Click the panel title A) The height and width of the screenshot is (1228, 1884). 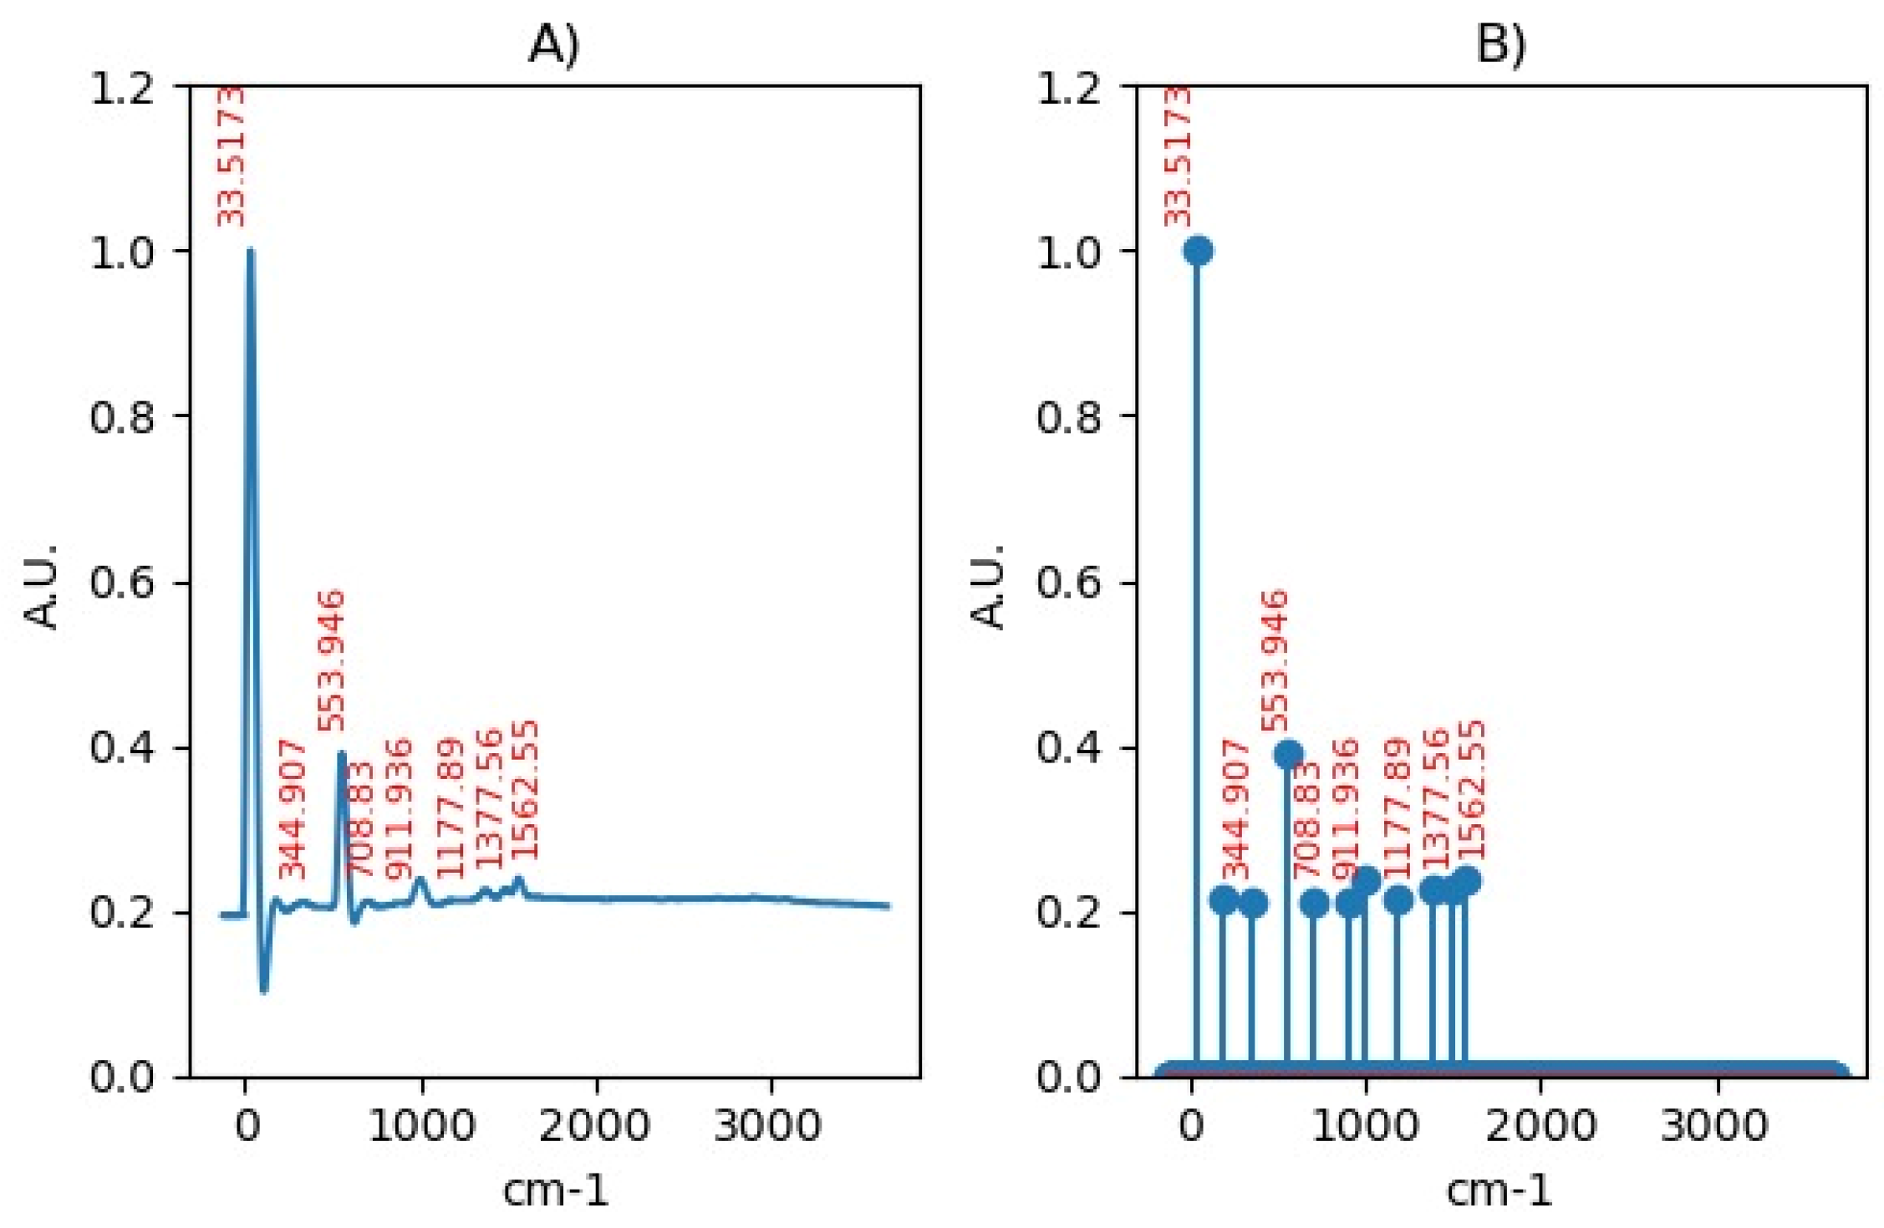click(553, 43)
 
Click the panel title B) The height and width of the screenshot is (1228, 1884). click(1500, 43)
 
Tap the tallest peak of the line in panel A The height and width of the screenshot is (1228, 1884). click(250, 250)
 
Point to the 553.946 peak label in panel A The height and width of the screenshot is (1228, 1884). click(331, 660)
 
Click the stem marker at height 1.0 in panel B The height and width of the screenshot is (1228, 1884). click(1198, 250)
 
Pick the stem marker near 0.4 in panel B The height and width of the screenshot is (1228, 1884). click(1288, 754)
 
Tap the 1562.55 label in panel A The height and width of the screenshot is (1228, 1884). click(523, 790)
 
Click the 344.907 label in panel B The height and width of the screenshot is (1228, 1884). click(1235, 809)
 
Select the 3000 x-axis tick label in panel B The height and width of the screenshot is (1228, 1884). click(1714, 1124)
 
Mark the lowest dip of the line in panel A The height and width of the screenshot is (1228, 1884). click(264, 991)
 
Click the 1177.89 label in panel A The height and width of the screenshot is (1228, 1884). click(450, 808)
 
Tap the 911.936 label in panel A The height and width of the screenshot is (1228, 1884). click(398, 809)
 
